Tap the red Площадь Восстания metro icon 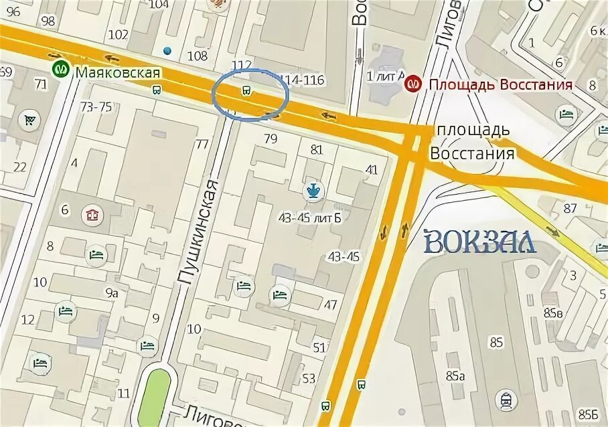point(414,84)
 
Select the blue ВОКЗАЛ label point(480,241)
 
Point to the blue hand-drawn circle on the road point(251,98)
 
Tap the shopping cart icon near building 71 point(29,120)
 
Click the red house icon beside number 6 point(92,215)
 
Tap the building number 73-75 point(96,107)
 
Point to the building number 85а point(453,376)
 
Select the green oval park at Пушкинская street point(155,395)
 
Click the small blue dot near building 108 point(167,50)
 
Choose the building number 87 point(570,208)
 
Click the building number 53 point(308,379)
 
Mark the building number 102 point(118,35)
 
